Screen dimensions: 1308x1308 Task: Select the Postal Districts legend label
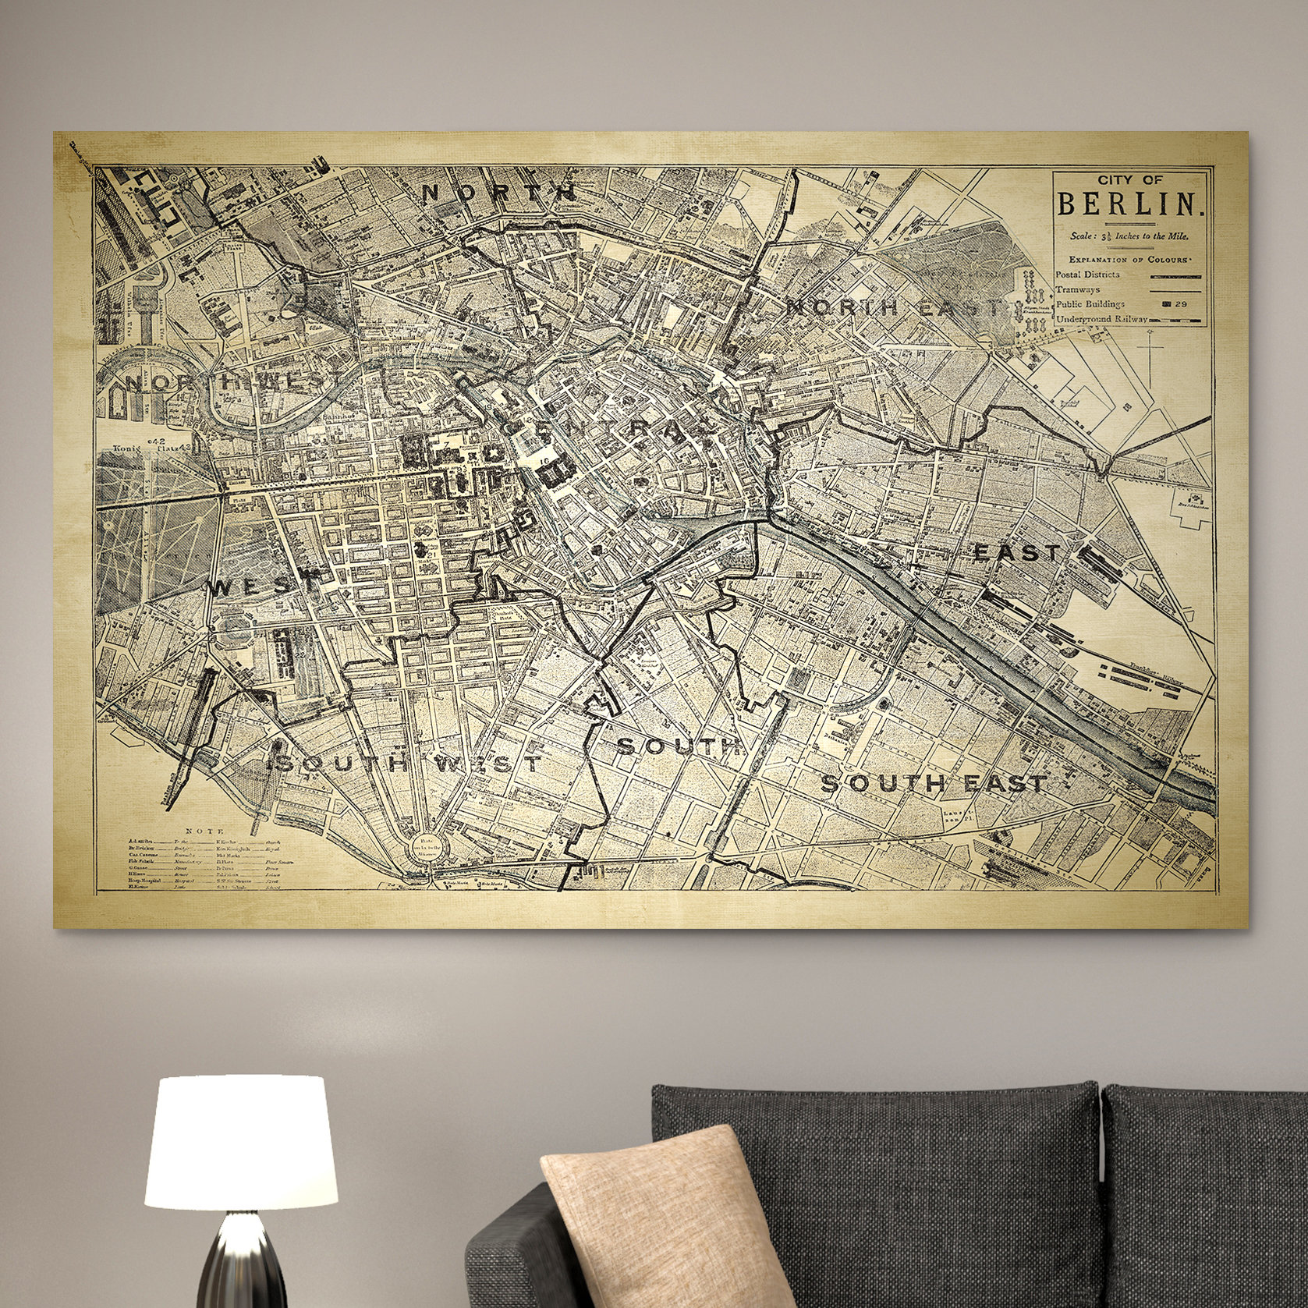[1088, 275]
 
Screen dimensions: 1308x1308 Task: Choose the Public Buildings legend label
[1090, 304]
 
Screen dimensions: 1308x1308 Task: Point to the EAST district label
[1018, 553]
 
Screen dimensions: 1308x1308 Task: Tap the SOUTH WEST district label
[401, 762]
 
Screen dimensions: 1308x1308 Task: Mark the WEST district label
[254, 587]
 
